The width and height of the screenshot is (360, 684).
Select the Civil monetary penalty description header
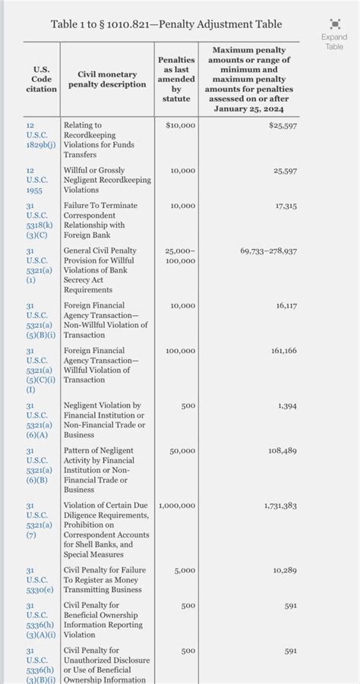(x=107, y=79)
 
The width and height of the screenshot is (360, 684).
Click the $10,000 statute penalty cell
(x=180, y=125)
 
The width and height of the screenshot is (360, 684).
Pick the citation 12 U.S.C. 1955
(x=36, y=180)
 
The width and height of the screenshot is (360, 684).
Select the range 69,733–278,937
(x=268, y=251)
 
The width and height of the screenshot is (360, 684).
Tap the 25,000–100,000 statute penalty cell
(x=179, y=256)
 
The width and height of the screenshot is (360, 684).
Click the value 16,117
(x=286, y=305)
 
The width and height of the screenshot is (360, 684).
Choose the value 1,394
(x=287, y=406)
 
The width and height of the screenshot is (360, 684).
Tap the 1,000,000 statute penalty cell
(x=177, y=506)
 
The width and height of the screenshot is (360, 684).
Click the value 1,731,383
(x=280, y=506)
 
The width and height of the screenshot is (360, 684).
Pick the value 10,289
(x=285, y=570)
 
